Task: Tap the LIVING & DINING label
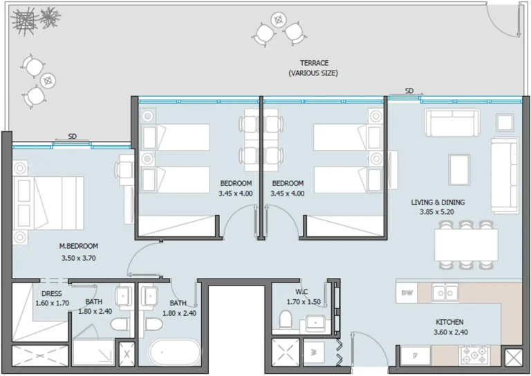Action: (x=438, y=203)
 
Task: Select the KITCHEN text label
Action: (x=449, y=322)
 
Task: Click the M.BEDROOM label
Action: (x=78, y=246)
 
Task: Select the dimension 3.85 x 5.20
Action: (x=438, y=213)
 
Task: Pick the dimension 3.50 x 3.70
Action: (x=78, y=259)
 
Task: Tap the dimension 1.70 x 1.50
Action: (x=304, y=302)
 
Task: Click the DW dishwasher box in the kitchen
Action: (x=407, y=293)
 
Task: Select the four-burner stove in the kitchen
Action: (x=474, y=356)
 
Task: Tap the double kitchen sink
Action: (x=445, y=293)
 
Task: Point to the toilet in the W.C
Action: (x=285, y=320)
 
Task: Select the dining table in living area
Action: (x=466, y=244)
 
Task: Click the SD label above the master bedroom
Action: (x=72, y=136)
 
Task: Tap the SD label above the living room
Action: (x=409, y=91)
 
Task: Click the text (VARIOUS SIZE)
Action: (x=313, y=73)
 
